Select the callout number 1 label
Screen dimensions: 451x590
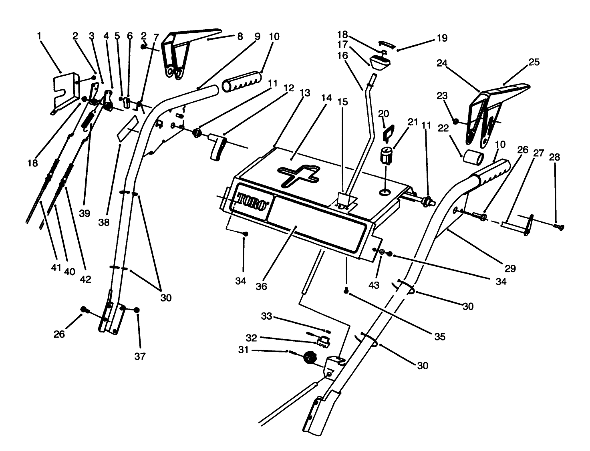(x=39, y=36)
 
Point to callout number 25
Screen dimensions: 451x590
(x=534, y=62)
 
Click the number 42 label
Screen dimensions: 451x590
(x=85, y=279)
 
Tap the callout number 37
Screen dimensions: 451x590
(x=140, y=356)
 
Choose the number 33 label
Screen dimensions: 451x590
(x=267, y=316)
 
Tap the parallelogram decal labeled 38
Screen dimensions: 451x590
(x=127, y=129)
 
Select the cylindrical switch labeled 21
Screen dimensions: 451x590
(x=386, y=156)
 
